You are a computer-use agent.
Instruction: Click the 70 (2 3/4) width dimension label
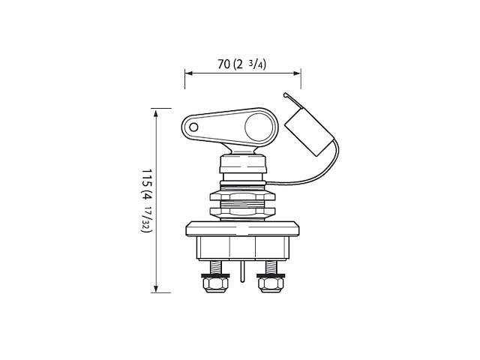coord(241,64)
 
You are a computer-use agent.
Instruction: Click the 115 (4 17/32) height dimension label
coord(147,200)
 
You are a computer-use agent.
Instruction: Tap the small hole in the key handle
coord(193,127)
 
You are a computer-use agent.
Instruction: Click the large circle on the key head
coord(259,127)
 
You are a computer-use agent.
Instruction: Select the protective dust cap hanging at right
coord(307,131)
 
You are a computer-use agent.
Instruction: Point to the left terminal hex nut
coord(215,283)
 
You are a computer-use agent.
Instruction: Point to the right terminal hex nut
coord(271,283)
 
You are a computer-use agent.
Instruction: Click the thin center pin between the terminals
coord(242,271)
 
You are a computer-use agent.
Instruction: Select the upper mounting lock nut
coord(242,195)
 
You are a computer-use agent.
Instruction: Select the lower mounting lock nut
coord(242,211)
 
